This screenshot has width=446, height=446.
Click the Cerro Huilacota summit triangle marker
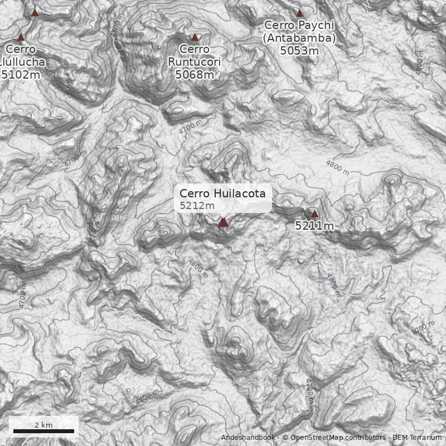[223, 222]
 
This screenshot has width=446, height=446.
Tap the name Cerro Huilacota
[226, 193]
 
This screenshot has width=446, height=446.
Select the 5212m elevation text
[197, 206]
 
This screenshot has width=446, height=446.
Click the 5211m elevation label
[314, 226]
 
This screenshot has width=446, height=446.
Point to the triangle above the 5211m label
[314, 214]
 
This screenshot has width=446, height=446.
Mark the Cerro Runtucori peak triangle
[195, 37]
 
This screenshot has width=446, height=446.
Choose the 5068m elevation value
[195, 74]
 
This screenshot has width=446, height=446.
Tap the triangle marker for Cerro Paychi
[299, 13]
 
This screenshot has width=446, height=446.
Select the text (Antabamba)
[299, 38]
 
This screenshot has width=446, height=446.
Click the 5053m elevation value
[299, 51]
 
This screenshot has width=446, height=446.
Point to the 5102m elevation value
[23, 74]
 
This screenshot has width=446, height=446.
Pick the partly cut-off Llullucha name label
[23, 61]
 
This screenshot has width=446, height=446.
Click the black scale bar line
[43, 431]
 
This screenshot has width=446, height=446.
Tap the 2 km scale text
[43, 425]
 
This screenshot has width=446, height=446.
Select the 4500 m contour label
[116, 28]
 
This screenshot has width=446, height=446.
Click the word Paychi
[317, 26]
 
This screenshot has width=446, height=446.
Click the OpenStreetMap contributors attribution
[334, 438]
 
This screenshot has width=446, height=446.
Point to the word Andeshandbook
[249, 438]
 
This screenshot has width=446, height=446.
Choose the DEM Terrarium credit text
[417, 438]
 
